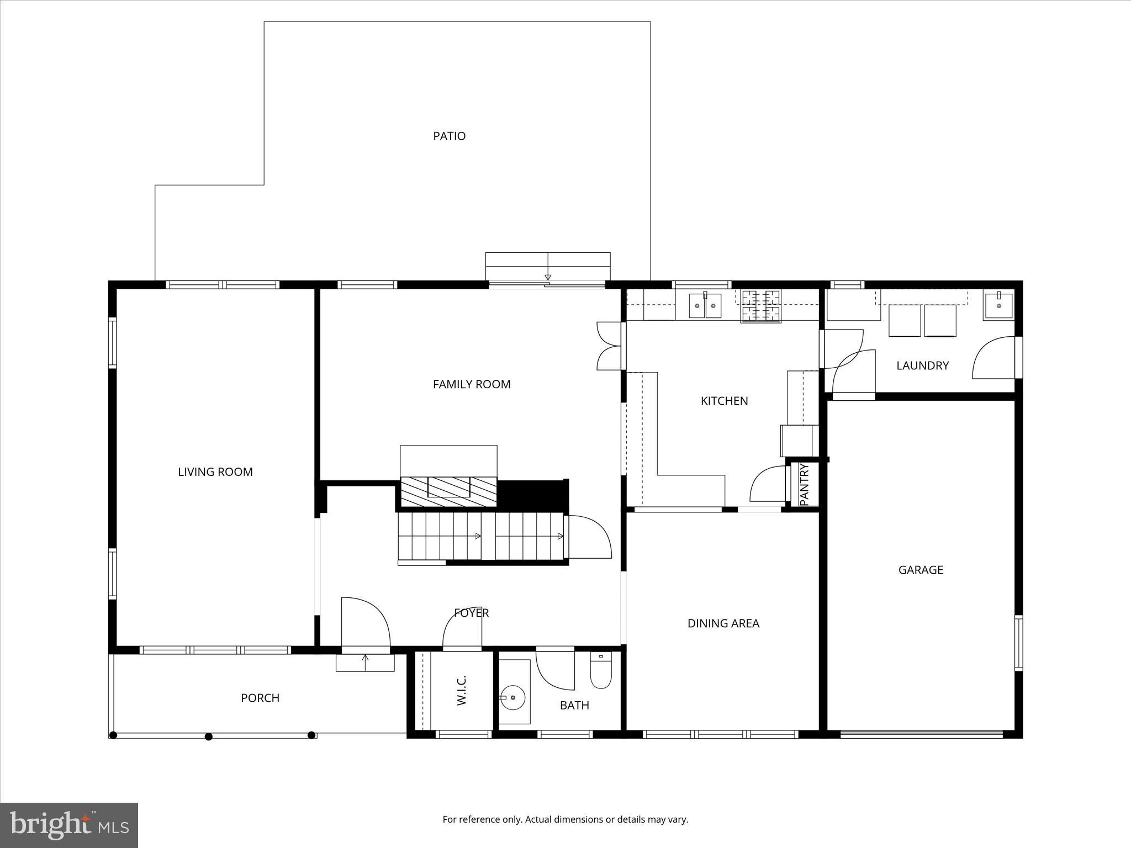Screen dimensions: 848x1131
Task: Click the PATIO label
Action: pyautogui.click(x=449, y=136)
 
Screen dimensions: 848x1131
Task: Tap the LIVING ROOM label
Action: pyautogui.click(x=215, y=471)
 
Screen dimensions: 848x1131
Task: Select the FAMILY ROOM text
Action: pyautogui.click(x=471, y=384)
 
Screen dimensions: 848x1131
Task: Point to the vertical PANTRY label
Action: pyautogui.click(x=804, y=484)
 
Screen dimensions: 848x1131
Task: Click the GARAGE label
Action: pyautogui.click(x=920, y=570)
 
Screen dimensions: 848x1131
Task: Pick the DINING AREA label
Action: pyautogui.click(x=723, y=623)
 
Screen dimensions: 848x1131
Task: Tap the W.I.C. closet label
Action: pyautogui.click(x=462, y=690)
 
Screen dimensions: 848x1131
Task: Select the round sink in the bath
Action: pyautogui.click(x=513, y=698)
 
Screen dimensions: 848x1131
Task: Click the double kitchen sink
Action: pyautogui.click(x=705, y=306)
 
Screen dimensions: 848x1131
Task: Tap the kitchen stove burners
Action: pyautogui.click(x=760, y=306)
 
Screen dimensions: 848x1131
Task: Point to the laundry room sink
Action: pyautogui.click(x=998, y=306)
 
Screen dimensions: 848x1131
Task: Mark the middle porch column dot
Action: pyautogui.click(x=209, y=736)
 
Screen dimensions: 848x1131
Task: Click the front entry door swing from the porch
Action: pyautogui.click(x=364, y=621)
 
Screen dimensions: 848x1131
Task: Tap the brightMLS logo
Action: pyautogui.click(x=69, y=825)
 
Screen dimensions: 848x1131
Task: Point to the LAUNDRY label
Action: pyautogui.click(x=922, y=365)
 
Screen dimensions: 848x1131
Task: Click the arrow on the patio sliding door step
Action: pyautogui.click(x=547, y=277)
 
